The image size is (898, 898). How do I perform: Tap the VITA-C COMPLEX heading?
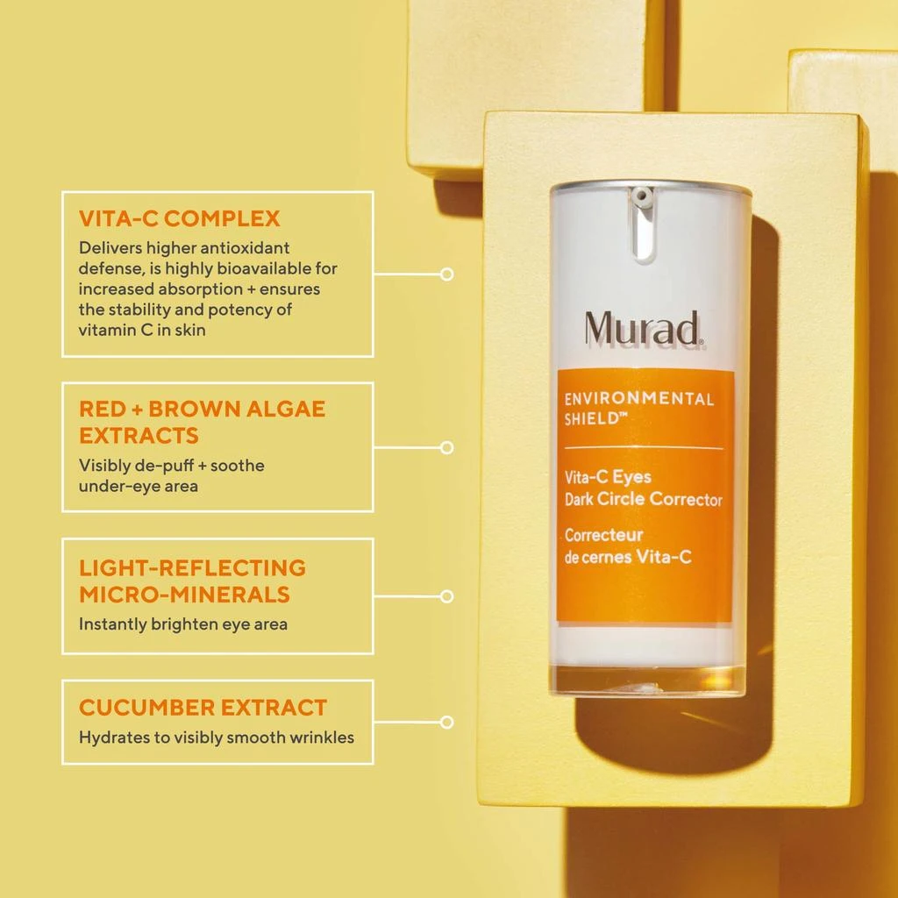(179, 218)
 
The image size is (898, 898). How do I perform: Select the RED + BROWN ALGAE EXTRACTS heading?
(202, 422)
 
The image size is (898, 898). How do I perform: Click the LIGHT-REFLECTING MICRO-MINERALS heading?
(192, 581)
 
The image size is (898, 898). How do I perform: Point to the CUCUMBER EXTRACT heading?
(203, 707)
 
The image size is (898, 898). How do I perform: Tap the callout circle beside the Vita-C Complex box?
(447, 274)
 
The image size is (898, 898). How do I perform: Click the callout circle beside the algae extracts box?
(447, 447)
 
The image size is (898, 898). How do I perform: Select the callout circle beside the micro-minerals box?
(447, 596)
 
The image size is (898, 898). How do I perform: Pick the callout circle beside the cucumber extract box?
(447, 723)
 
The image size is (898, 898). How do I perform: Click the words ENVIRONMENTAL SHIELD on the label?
(638, 408)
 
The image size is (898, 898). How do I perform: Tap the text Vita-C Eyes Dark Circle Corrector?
(643, 489)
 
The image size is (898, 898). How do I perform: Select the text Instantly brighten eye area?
(182, 624)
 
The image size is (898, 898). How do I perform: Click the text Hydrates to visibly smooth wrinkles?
(217, 738)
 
